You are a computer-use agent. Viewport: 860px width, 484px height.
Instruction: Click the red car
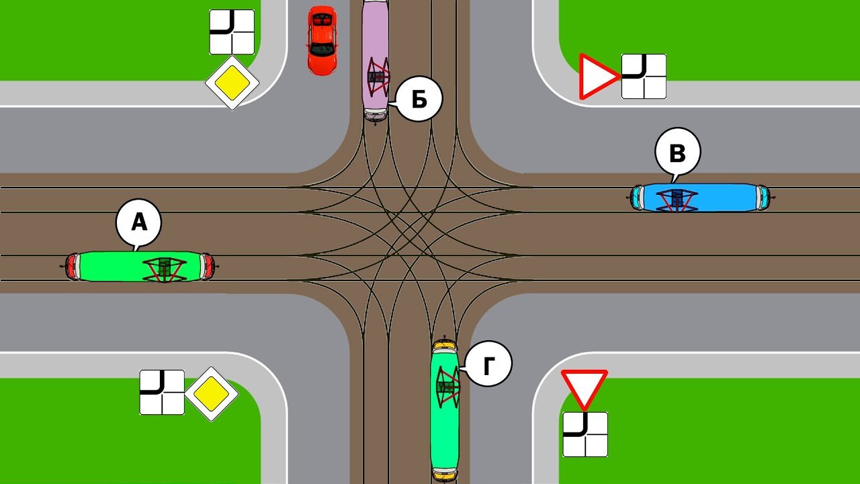pos(322,40)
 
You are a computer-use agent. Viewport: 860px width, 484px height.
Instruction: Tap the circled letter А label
pos(138,223)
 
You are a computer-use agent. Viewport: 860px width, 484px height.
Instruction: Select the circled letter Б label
pos(419,99)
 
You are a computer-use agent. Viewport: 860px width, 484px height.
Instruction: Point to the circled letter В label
pos(678,152)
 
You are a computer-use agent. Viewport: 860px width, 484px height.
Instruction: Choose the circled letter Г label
pos(488,364)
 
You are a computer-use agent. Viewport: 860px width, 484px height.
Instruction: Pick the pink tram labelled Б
pos(376,61)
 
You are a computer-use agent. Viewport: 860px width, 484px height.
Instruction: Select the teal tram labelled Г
pos(445,410)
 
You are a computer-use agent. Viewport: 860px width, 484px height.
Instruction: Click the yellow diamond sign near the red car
pos(232,83)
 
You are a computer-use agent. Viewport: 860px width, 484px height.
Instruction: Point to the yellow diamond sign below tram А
pos(212,394)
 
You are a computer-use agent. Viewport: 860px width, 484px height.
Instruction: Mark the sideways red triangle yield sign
pos(597,77)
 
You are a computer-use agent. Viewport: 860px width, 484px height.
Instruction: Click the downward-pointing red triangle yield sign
pos(585,388)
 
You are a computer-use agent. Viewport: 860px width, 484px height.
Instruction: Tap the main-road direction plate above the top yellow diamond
pos(232,32)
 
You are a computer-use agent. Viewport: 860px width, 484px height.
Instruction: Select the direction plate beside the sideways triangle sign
pos(644,77)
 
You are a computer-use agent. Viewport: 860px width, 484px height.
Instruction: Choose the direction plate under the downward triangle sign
pos(585,434)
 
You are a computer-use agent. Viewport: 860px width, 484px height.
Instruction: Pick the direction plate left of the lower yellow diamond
pos(162,392)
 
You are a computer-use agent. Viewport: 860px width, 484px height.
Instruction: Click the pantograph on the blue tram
pos(677,200)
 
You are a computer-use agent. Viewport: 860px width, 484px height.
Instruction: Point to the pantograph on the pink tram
pos(378,77)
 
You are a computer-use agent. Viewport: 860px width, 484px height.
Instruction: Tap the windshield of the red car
pos(322,49)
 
